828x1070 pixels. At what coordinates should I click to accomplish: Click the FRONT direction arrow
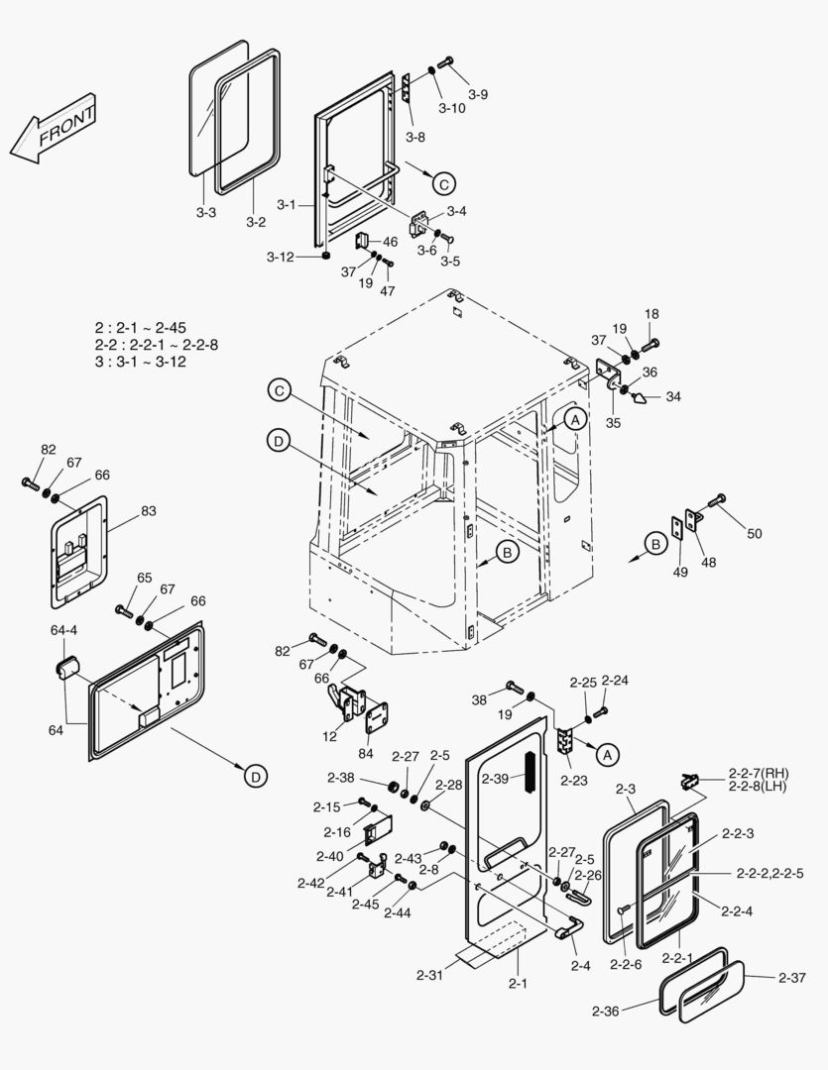[54, 129]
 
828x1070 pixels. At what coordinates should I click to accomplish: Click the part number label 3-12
[280, 258]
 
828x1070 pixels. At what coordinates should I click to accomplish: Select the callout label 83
[149, 511]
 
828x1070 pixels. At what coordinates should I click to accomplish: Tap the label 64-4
[63, 630]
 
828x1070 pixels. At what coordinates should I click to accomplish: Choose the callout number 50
[755, 534]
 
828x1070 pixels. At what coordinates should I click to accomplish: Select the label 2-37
[792, 978]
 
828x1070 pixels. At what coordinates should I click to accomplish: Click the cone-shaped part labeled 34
[640, 398]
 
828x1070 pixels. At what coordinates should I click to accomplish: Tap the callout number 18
[651, 314]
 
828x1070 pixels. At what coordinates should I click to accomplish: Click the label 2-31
[430, 975]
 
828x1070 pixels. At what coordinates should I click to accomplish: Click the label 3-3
[205, 212]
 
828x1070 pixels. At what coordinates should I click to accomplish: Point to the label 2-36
[605, 1011]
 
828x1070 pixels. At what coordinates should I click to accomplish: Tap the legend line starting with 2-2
[155, 345]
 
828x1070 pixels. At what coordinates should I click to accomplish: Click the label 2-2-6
[627, 965]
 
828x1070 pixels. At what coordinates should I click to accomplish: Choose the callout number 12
[329, 736]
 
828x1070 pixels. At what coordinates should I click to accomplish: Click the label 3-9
[478, 94]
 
